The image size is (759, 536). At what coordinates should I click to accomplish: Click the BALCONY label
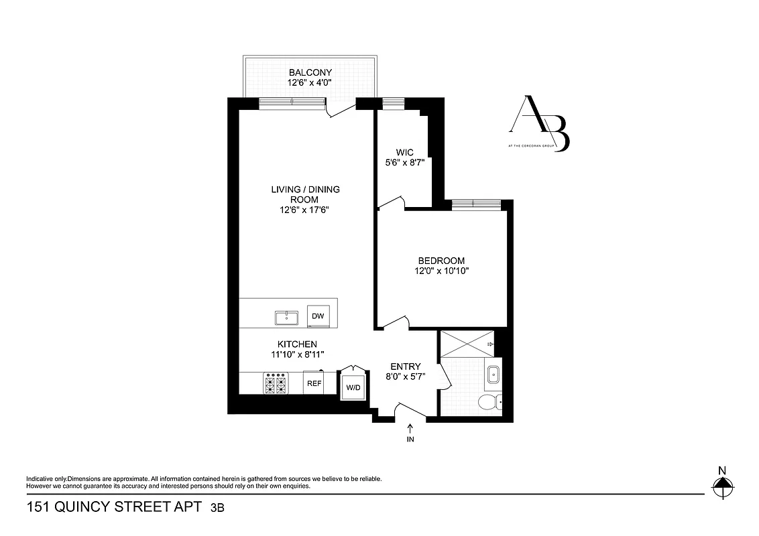tap(310, 72)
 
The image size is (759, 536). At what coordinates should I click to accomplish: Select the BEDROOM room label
tap(441, 261)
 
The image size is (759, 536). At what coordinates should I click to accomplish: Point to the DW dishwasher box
tap(318, 316)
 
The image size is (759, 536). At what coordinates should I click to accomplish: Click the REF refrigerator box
tap(313, 383)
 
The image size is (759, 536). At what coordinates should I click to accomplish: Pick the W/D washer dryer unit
tap(353, 387)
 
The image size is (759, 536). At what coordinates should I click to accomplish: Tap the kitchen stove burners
tap(276, 384)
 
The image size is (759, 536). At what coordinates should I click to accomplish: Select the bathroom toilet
tap(489, 402)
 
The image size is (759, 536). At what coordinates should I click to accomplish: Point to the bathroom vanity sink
tap(493, 373)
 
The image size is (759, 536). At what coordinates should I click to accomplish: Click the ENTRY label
tap(406, 366)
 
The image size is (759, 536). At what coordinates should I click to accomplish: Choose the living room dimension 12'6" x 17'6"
tap(305, 210)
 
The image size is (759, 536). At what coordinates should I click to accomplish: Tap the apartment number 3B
tap(217, 509)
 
